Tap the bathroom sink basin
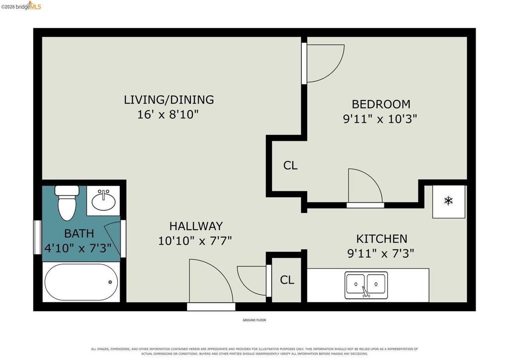tap(103, 200)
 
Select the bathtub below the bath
tap(82, 282)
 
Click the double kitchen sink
tap(366, 285)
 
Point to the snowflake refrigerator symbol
tap(448, 200)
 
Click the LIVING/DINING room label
tap(169, 99)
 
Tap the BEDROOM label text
tap(381, 104)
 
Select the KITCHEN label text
tap(382, 239)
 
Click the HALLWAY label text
tap(196, 226)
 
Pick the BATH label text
tap(79, 233)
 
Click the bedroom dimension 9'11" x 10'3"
tap(380, 119)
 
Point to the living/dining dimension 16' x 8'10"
tap(168, 114)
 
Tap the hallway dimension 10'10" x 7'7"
tap(195, 241)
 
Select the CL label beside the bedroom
tap(290, 166)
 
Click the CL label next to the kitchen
tap(287, 280)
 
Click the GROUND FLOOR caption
tap(254, 320)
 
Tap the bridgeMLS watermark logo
tap(21, 5)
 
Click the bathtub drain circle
tap(110, 282)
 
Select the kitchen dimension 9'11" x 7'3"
tap(381, 253)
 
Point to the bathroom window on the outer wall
tap(38, 237)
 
